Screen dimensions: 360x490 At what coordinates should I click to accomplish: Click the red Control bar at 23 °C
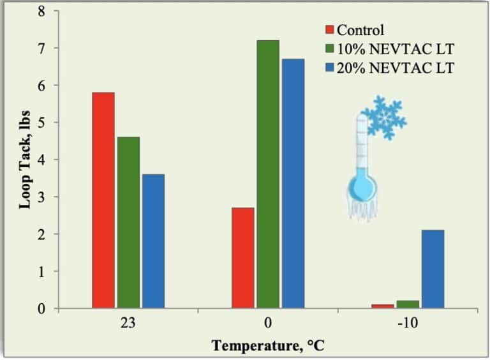pyautogui.click(x=103, y=200)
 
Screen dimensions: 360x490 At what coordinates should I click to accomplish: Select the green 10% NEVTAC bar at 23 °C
pyautogui.click(x=128, y=223)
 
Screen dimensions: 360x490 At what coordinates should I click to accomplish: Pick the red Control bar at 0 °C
pyautogui.click(x=243, y=258)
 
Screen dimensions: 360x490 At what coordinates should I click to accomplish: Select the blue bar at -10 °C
pyautogui.click(x=433, y=269)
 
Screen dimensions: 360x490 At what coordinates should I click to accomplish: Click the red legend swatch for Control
pyautogui.click(x=330, y=29)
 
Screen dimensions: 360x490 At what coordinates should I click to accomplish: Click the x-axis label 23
pyautogui.click(x=128, y=323)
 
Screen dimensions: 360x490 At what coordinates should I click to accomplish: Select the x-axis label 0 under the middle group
pyautogui.click(x=268, y=323)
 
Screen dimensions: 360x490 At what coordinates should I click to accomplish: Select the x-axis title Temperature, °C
pyautogui.click(x=265, y=347)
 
